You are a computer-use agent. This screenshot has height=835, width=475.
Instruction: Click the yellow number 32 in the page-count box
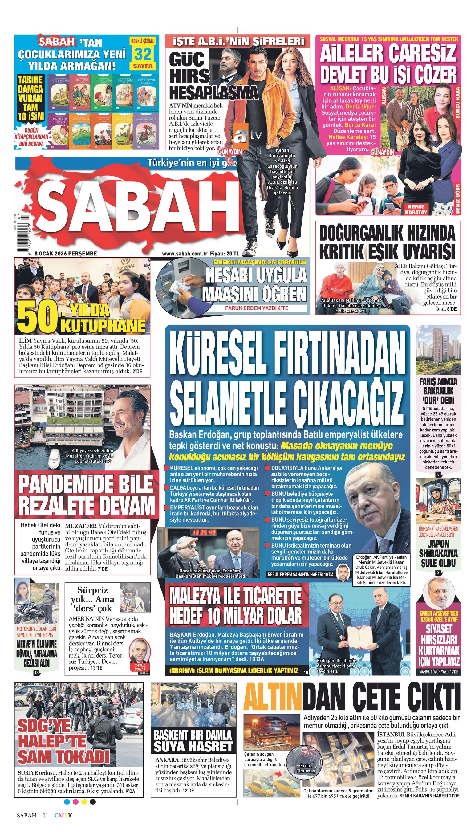[143, 54]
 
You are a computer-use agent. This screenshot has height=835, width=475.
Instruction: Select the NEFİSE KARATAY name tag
[416, 209]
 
